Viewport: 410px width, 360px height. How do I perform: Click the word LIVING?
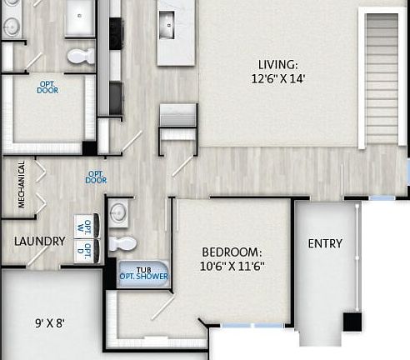(277, 64)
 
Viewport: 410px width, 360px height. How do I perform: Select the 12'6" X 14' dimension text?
(277, 80)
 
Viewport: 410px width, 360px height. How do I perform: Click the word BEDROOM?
(232, 252)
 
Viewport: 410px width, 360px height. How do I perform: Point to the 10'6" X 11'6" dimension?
(232, 267)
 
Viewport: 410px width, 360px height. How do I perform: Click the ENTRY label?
(325, 243)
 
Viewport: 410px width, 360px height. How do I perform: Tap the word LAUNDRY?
(39, 242)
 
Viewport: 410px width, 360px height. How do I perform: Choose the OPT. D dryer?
(87, 250)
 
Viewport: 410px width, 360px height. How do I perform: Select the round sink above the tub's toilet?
(118, 212)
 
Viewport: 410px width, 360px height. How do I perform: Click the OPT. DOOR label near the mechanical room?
(97, 177)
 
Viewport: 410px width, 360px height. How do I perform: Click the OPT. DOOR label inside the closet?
(47, 86)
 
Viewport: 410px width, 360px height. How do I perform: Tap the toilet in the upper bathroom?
(80, 57)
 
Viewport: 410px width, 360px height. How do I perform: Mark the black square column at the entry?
(353, 322)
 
